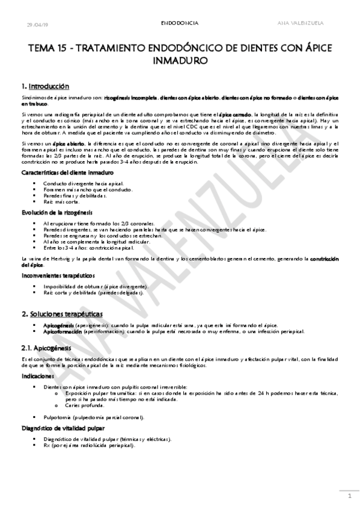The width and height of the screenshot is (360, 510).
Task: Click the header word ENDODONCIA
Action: point(180,23)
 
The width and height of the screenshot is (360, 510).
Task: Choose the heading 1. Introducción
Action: point(45,86)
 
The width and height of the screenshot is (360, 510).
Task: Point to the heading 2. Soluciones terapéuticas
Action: point(62,314)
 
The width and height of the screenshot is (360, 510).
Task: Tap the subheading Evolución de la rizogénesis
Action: point(57,214)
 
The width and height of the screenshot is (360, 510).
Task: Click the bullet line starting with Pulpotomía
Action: point(93,417)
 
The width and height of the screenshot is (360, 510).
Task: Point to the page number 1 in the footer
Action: point(349,496)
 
